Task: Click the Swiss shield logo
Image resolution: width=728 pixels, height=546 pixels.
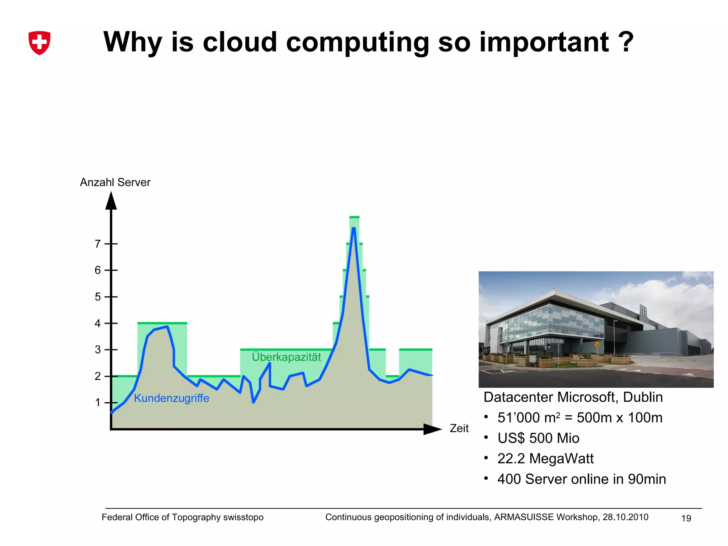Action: pos(39,43)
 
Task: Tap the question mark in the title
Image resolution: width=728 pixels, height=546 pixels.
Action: pos(626,42)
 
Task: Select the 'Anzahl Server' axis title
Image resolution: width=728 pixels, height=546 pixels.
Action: pos(115,182)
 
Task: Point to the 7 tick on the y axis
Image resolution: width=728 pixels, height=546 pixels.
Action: pos(98,244)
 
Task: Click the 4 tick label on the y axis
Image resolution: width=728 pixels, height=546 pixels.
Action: pos(98,323)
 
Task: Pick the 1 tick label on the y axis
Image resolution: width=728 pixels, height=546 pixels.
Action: pos(98,403)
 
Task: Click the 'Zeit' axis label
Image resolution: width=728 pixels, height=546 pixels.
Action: pos(459,428)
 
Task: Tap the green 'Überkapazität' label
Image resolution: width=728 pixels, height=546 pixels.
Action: pos(286,357)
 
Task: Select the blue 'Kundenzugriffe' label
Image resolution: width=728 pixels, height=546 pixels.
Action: pos(171,398)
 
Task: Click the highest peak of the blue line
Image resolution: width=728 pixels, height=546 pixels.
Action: pos(354,229)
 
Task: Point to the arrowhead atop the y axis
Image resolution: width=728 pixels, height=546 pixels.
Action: pos(111,201)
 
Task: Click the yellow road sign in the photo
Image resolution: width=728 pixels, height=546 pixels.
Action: pos(597,344)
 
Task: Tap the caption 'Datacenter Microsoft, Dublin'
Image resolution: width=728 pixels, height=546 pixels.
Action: pos(573,397)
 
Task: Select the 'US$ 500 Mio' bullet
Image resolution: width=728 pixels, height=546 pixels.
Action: pos(538,438)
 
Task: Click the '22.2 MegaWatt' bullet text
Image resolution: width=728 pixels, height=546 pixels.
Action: pos(545,459)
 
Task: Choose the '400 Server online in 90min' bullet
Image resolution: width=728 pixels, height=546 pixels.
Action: pos(582,479)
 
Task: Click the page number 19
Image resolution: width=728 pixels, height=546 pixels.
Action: pos(686,518)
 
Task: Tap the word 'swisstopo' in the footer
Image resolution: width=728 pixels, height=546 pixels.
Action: pos(243,517)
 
